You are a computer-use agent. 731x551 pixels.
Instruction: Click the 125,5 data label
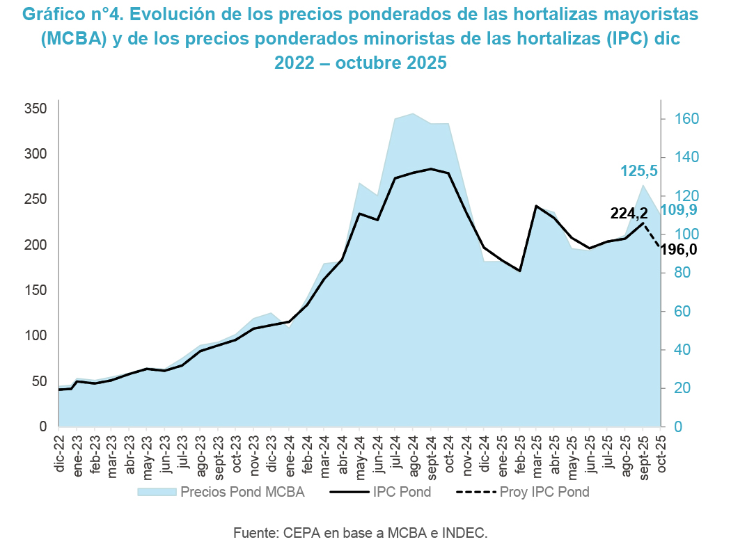pos(638,170)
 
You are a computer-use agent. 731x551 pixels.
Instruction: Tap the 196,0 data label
pos(679,250)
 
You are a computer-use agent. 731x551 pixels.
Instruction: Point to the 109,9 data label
pos(679,210)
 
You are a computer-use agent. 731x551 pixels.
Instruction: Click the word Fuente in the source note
pos(256,534)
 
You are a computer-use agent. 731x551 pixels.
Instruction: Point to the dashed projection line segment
pos(652,235)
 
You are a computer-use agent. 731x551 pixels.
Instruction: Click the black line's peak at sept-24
pos(431,169)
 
